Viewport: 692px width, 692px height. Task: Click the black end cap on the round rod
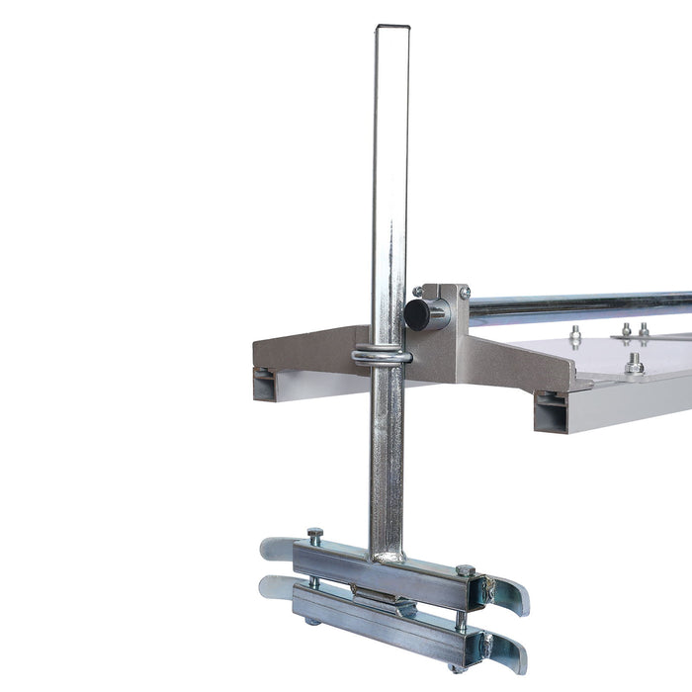pyautogui.click(x=416, y=314)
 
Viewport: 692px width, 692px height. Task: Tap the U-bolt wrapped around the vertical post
pyautogui.click(x=383, y=356)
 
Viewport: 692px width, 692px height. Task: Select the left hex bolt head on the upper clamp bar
pyautogui.click(x=314, y=534)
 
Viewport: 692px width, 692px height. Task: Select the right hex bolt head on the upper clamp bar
pyautogui.click(x=465, y=570)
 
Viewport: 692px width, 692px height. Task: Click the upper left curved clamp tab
pyautogui.click(x=277, y=547)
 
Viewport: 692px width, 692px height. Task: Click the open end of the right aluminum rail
pyautogui.click(x=552, y=411)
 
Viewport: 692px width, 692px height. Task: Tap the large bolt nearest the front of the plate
pyautogui.click(x=634, y=366)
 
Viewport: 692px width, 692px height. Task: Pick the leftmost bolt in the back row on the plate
pyautogui.click(x=575, y=334)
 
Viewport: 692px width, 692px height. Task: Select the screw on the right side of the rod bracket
pyautogui.click(x=465, y=293)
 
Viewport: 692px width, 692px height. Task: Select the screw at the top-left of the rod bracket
pyautogui.click(x=418, y=292)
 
